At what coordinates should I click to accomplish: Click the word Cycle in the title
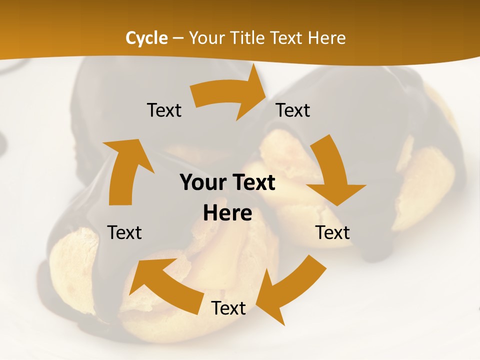[146, 38]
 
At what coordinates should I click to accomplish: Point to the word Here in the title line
[327, 38]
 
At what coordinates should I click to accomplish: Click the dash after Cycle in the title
[178, 38]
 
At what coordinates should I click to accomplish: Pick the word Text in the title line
[288, 38]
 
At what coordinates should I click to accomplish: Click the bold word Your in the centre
[202, 183]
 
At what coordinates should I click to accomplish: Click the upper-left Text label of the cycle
[164, 110]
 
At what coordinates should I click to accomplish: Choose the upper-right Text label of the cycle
[293, 110]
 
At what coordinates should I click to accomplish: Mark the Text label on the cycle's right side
[332, 232]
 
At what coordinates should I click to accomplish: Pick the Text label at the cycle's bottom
[228, 308]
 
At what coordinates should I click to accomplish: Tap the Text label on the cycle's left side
[124, 232]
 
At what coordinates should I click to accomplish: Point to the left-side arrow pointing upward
[125, 170]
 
